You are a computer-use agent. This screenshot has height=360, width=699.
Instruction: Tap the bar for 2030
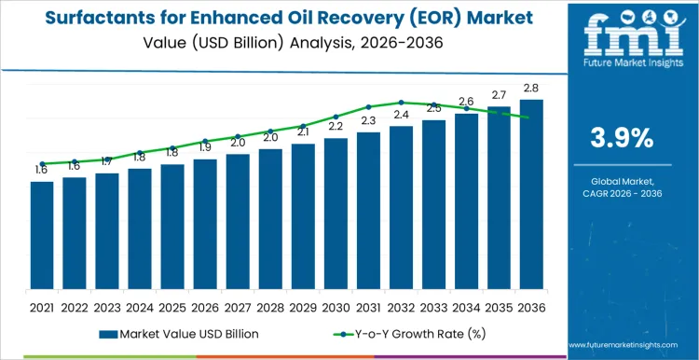[336, 213]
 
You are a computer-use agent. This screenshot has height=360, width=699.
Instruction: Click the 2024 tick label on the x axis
[140, 306]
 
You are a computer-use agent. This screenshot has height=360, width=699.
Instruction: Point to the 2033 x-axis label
[433, 306]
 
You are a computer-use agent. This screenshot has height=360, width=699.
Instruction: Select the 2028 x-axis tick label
[270, 306]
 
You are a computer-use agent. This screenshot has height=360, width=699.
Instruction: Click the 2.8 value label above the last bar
[530, 88]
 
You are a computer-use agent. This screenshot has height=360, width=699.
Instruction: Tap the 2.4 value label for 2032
[401, 115]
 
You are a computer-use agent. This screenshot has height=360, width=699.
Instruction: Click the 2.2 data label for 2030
[336, 126]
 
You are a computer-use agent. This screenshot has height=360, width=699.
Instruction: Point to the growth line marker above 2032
[401, 103]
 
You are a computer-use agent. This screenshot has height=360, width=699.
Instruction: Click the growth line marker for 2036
[530, 118]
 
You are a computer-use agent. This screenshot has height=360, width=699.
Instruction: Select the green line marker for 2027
[238, 136]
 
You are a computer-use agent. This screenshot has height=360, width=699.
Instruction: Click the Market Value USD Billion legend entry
[177, 334]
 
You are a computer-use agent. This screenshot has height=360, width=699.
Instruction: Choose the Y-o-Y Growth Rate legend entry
[401, 334]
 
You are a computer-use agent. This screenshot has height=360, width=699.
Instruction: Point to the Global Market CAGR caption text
[622, 187]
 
